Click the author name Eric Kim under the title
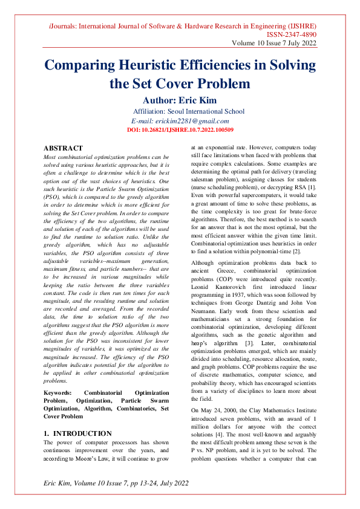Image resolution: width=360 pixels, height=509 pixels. [192, 100]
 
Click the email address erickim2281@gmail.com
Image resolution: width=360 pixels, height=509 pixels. [180, 121]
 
